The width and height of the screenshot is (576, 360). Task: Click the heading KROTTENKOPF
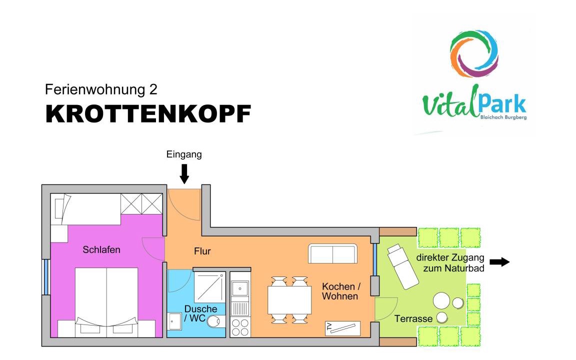tap(148, 114)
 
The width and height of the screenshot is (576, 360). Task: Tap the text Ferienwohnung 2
tap(101, 89)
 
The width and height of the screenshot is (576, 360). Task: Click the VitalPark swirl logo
tap(474, 53)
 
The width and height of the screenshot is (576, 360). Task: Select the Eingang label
tap(184, 154)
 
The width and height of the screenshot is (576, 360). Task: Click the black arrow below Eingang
tap(184, 173)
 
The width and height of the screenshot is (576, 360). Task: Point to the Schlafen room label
tap(101, 250)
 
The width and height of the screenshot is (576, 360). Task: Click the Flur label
tap(202, 251)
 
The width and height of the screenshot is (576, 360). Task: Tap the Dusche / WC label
tap(200, 313)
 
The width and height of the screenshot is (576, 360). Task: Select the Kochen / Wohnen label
tap(341, 291)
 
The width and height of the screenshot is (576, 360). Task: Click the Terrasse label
tap(413, 318)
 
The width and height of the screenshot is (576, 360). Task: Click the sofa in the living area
tap(333, 253)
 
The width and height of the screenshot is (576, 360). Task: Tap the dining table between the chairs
tap(289, 300)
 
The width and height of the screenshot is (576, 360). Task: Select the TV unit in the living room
tap(342, 328)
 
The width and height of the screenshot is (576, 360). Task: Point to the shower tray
tap(209, 287)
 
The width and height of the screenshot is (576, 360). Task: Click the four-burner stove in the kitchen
tap(240, 327)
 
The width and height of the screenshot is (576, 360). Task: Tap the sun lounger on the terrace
tap(402, 266)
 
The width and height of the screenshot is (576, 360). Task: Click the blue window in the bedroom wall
tap(46, 276)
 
